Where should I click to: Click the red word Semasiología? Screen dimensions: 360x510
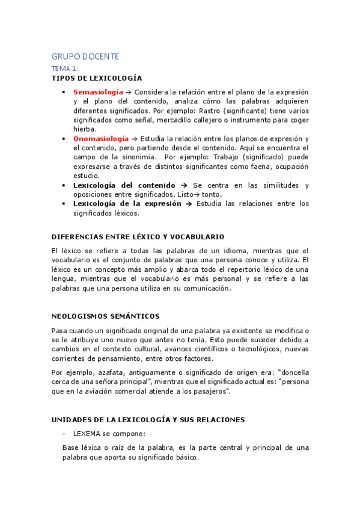tap(98, 92)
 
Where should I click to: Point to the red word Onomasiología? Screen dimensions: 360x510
tap(100, 138)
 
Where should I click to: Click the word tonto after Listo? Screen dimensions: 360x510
tap(212, 194)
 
